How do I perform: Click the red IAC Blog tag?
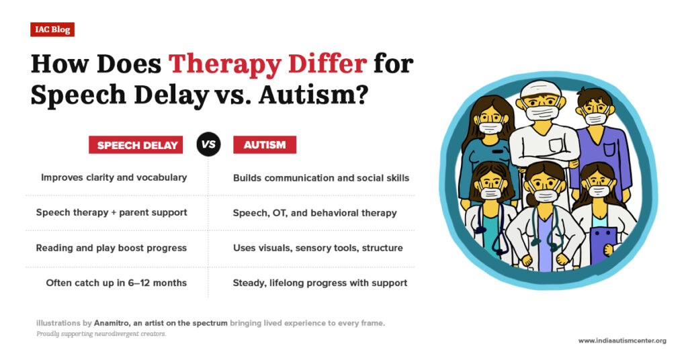[x=52, y=30]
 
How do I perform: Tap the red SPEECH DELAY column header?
[x=136, y=145]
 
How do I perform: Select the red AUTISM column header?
[x=264, y=145]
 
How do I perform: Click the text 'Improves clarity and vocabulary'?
[x=114, y=178]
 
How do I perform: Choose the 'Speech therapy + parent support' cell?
[x=112, y=213]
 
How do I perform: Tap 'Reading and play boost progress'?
[x=112, y=248]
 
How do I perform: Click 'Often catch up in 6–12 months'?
[x=116, y=283]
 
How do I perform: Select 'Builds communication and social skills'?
[x=320, y=178]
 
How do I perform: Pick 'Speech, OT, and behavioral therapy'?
[x=314, y=213]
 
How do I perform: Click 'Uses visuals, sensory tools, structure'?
[x=318, y=248]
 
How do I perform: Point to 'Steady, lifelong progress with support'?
[x=320, y=283]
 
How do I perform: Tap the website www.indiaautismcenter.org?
[x=622, y=341]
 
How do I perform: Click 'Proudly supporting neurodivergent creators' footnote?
[x=101, y=334]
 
